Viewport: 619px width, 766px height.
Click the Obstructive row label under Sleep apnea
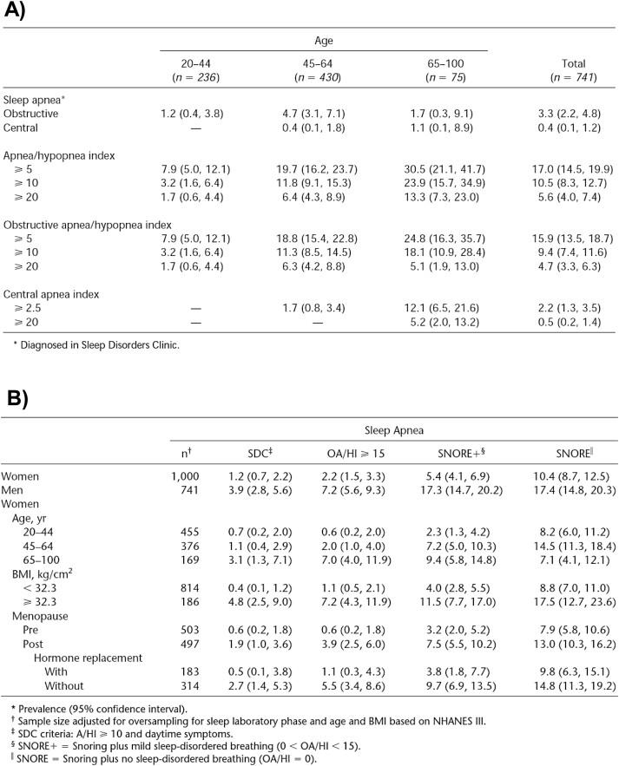tap(30, 114)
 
